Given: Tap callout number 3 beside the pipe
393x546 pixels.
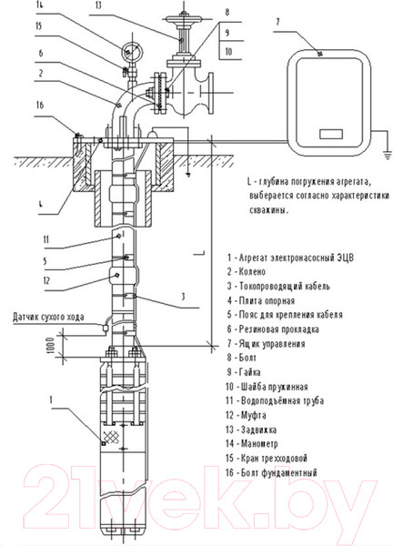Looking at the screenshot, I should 183,297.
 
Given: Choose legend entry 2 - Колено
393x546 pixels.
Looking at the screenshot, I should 248,271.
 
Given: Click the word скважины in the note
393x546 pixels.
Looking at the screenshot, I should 266,210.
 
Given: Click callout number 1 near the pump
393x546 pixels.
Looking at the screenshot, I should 51,398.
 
